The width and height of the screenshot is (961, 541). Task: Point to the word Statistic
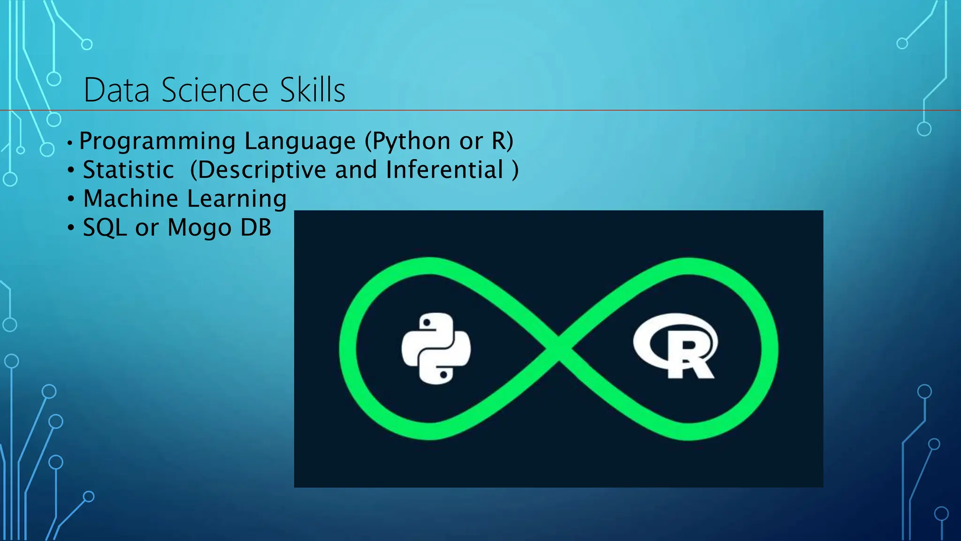coord(129,170)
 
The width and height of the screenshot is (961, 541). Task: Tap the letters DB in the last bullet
coord(256,227)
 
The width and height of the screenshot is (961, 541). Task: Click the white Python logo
coord(436,348)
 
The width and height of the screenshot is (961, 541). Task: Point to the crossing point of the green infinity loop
coord(559,348)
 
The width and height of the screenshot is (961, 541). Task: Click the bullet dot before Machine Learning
coord(71,199)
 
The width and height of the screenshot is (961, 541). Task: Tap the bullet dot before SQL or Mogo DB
coord(71,228)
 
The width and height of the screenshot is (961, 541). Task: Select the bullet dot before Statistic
coord(71,170)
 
